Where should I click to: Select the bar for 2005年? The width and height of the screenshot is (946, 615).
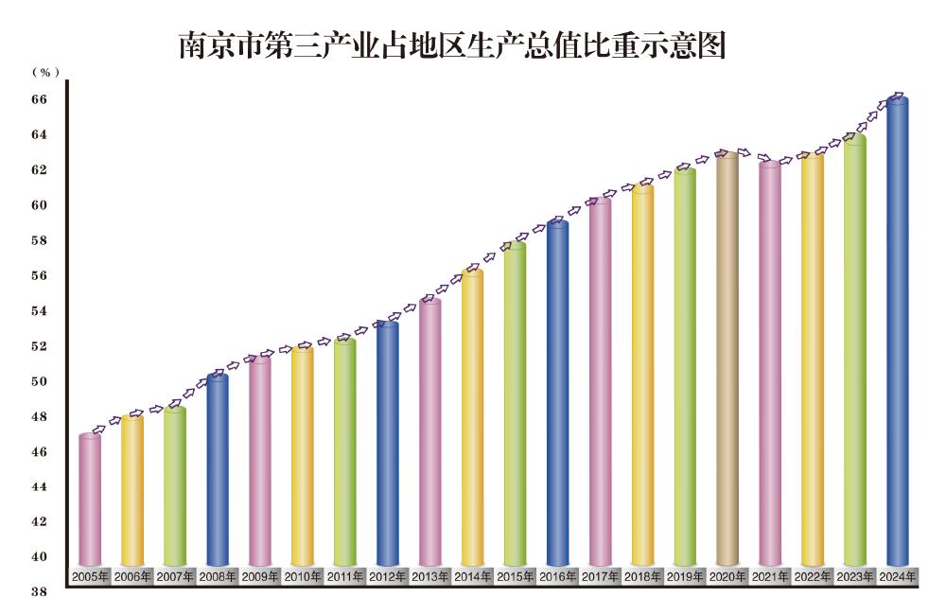[x=90, y=501]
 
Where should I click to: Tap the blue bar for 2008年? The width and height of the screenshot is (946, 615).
[x=218, y=473]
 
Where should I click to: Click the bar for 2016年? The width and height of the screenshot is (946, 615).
[x=558, y=397]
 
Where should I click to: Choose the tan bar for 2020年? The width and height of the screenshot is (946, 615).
[x=727, y=360]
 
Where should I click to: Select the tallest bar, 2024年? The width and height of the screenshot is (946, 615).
[x=898, y=331]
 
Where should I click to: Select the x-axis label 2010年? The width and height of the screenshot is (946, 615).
[x=303, y=576]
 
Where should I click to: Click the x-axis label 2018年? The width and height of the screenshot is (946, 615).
[x=642, y=576]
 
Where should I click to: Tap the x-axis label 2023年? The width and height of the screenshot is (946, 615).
[x=855, y=576]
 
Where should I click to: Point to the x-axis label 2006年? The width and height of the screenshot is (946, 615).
[x=132, y=576]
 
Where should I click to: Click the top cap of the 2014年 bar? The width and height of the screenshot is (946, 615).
[x=473, y=273]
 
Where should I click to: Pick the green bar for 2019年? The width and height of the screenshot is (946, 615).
[x=685, y=369]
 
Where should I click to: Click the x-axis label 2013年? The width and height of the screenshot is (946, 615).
[x=430, y=576]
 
